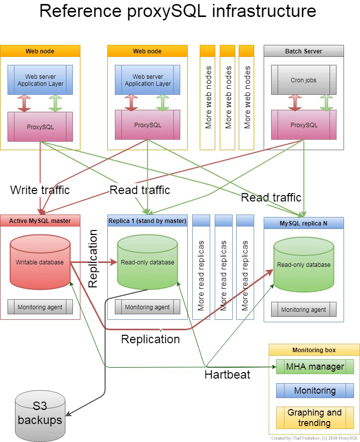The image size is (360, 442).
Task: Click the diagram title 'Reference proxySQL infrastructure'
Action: click(177, 11)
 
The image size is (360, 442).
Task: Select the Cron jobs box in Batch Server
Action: click(303, 80)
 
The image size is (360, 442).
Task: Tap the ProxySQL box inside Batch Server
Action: click(303, 125)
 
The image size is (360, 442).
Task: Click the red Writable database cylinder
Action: click(40, 262)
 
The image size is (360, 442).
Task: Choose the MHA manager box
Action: click(315, 367)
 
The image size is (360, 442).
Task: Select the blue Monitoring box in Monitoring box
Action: click(315, 391)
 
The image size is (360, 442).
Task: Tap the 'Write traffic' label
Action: click(40, 190)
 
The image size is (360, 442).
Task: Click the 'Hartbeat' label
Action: click(228, 375)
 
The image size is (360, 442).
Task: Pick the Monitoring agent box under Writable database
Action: click(40, 307)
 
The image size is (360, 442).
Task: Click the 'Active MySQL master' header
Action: click(40, 221)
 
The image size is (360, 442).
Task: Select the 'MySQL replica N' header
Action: click(304, 223)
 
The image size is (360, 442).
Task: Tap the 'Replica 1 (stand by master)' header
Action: click(147, 221)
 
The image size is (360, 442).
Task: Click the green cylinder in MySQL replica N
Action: click(304, 264)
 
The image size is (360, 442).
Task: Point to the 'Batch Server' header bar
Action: click(304, 51)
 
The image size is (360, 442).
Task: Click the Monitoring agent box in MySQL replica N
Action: click(304, 310)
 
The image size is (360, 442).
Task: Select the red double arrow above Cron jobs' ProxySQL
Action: click(295, 102)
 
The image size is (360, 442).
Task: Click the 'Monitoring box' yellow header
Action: click(314, 350)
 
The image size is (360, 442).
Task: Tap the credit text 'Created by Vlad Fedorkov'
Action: click(313, 438)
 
